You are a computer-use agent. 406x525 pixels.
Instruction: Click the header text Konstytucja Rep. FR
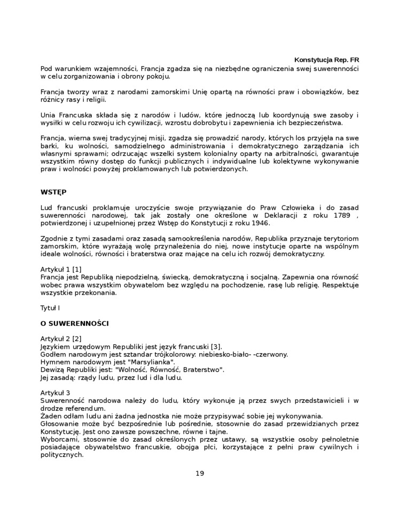pyautogui.click(x=327, y=60)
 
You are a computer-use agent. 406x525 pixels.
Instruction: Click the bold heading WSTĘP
pyautogui.click(x=53, y=190)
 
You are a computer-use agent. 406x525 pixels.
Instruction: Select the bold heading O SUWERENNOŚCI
pyautogui.click(x=75, y=323)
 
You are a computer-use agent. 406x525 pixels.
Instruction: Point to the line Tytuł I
pyautogui.click(x=50, y=308)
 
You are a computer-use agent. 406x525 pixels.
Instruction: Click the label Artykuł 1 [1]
pyautogui.click(x=61, y=269)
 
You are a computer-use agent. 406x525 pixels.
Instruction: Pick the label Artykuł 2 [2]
pyautogui.click(x=61, y=339)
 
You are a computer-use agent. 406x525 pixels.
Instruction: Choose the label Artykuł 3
pyautogui.click(x=56, y=393)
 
